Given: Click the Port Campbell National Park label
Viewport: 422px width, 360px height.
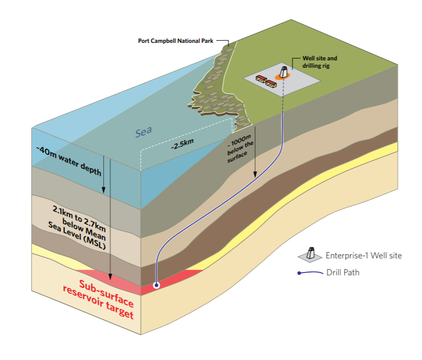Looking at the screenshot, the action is point(175,40).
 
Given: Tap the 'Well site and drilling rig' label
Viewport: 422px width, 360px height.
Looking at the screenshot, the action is point(319,61).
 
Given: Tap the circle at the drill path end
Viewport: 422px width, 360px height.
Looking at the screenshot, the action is point(156,285).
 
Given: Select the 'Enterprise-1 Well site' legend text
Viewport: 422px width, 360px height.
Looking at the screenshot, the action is point(364,256).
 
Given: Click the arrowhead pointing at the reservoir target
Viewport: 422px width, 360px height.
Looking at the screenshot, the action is point(110,277).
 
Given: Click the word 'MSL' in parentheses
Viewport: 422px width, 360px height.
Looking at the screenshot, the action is point(94,246).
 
